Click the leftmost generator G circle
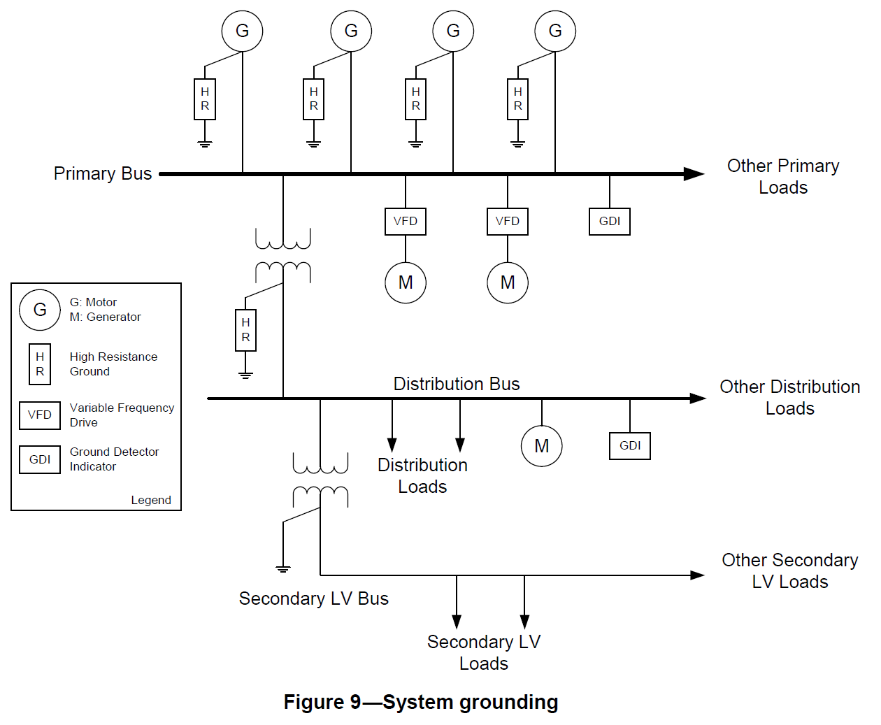pyautogui.click(x=242, y=31)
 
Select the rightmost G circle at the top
pyautogui.click(x=555, y=31)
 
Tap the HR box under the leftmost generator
pyautogui.click(x=205, y=99)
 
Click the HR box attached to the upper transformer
pyautogui.click(x=245, y=330)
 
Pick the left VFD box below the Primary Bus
pyautogui.click(x=406, y=222)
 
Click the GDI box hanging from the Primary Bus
pyautogui.click(x=610, y=222)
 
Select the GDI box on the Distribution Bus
pyautogui.click(x=630, y=446)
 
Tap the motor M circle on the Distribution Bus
pyautogui.click(x=542, y=446)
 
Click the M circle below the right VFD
pyautogui.click(x=508, y=282)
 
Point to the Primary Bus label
pyautogui.click(x=103, y=173)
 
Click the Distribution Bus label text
pyautogui.click(x=457, y=384)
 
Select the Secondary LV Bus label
pyautogui.click(x=313, y=598)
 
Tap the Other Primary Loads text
pyautogui.click(x=783, y=176)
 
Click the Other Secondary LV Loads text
pyautogui.click(x=790, y=570)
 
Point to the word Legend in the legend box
pyautogui.click(x=151, y=500)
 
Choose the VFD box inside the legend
pyautogui.click(x=40, y=415)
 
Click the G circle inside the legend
pyautogui.click(x=40, y=310)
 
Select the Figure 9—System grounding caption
pyautogui.click(x=421, y=702)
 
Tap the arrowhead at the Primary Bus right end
pyautogui.click(x=694, y=174)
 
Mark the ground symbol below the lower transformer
pyautogui.click(x=283, y=569)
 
